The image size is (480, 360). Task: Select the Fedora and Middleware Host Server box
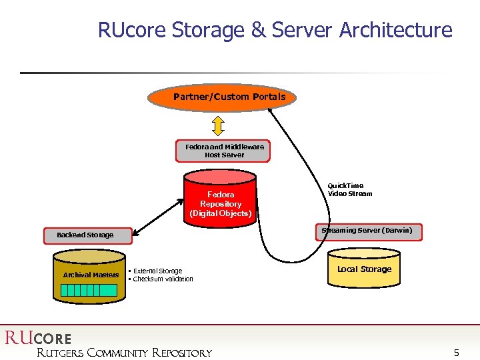223,151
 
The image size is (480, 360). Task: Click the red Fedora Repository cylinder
221,200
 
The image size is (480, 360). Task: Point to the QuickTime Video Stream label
349,190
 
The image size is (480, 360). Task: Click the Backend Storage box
87,235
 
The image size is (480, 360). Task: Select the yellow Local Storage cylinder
364,269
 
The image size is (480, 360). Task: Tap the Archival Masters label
91,275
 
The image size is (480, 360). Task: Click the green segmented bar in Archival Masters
90,290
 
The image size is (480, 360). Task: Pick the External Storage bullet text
157,271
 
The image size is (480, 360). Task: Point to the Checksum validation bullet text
163,279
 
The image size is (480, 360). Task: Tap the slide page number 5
456,352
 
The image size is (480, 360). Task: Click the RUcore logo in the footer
38,338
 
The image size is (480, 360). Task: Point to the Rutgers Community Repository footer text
124,353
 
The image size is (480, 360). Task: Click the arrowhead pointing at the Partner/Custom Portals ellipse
273,111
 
